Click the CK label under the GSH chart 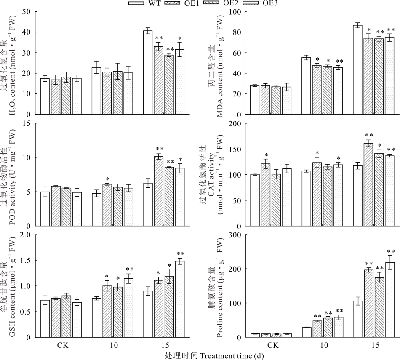[62, 346]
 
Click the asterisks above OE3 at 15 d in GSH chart [181, 254]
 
